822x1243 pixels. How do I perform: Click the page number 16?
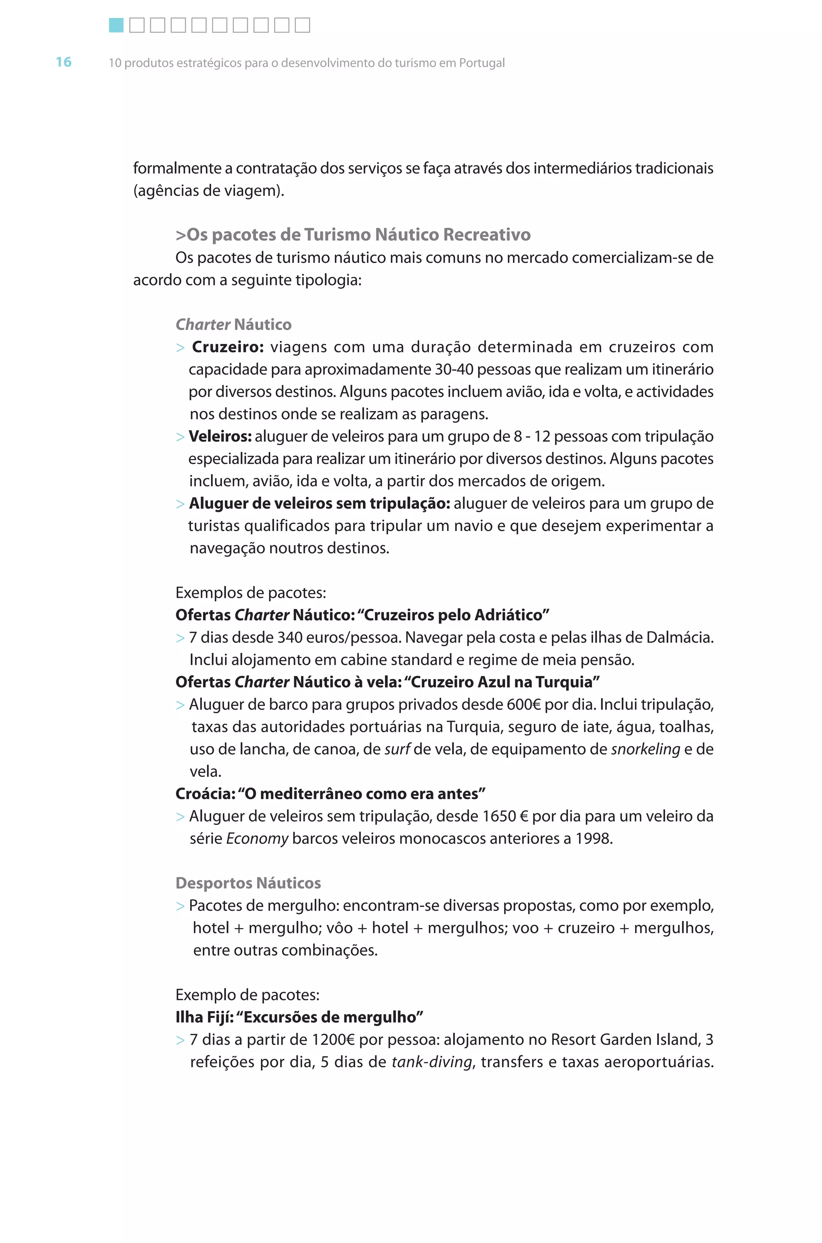point(63,62)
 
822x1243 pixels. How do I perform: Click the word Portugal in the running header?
point(481,63)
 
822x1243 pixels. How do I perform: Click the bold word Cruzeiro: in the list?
point(228,347)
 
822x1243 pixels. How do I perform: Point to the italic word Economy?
point(257,839)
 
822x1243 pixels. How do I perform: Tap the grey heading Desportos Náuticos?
point(248,883)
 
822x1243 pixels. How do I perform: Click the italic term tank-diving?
point(432,1062)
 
